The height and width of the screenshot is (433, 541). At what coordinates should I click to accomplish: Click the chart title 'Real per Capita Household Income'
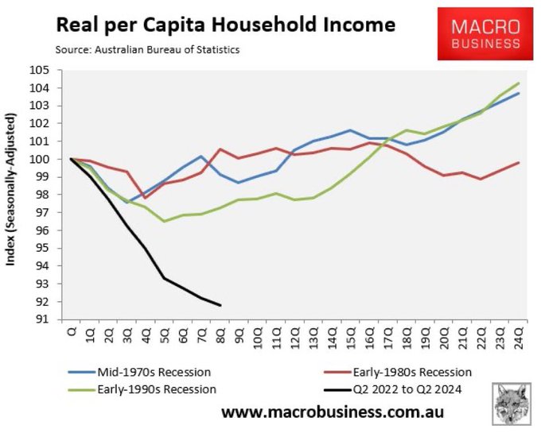pos(225,25)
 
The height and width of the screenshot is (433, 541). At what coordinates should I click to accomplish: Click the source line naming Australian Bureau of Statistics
pos(147,50)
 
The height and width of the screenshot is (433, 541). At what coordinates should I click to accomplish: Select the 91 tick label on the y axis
pos(60,319)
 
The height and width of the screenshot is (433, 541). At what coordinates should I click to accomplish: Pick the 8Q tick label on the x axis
pos(220,334)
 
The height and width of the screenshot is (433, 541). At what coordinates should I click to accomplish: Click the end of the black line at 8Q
pos(220,305)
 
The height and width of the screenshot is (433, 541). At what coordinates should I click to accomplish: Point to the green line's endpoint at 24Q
pos(520,83)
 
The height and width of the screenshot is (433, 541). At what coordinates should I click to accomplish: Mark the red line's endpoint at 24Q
pos(520,163)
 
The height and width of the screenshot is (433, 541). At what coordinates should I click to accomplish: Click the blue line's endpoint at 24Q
pos(520,93)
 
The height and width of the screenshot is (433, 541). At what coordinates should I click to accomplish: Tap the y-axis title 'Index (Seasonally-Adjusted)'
pos(13,195)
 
